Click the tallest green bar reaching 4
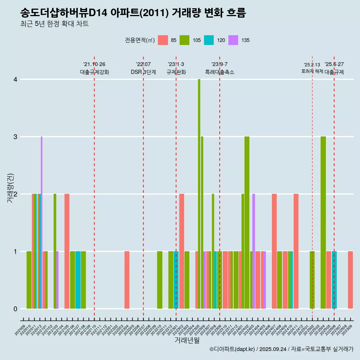(x=199, y=194)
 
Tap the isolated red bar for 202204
(x=127, y=280)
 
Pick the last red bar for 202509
(x=350, y=280)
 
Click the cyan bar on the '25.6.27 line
(x=334, y=280)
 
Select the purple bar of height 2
(x=254, y=251)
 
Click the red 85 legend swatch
(x=163, y=40)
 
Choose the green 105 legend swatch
(x=184, y=40)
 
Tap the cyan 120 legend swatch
(x=209, y=40)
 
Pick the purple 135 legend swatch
(x=233, y=40)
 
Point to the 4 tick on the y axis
(x=15, y=79)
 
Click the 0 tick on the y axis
(x=15, y=309)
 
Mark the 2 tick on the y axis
(x=15, y=194)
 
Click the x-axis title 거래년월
(x=187, y=340)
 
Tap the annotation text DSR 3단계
(x=143, y=72)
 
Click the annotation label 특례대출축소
(x=220, y=72)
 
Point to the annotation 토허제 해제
(x=312, y=71)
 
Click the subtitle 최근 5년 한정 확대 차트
(x=55, y=24)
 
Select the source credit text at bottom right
(x=281, y=349)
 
